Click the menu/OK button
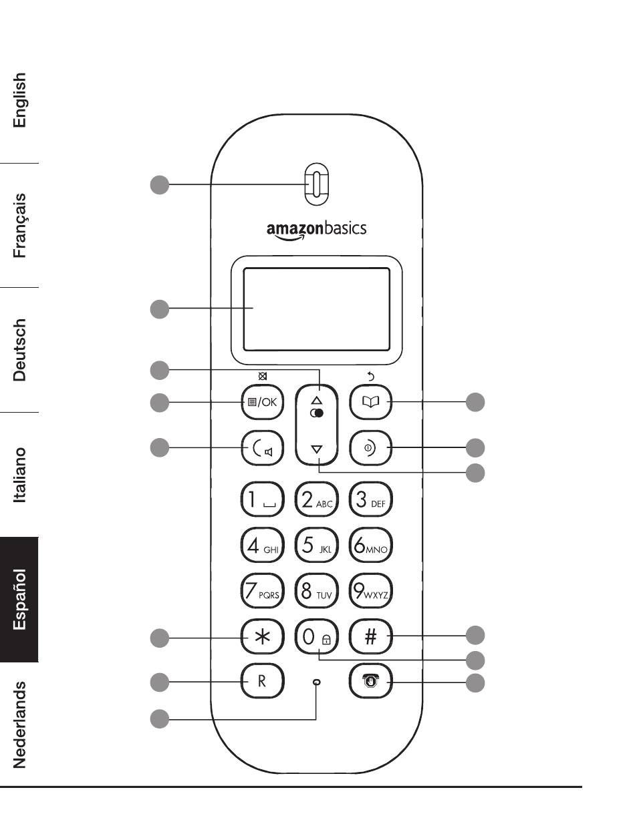point(262,402)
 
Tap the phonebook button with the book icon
point(370,402)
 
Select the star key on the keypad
point(262,636)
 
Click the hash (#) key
point(370,636)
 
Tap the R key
point(262,681)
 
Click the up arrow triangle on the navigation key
point(317,400)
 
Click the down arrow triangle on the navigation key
point(317,449)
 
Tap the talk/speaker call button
point(262,448)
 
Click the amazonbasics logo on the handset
point(316,230)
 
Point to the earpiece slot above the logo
point(317,185)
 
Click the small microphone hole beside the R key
point(317,682)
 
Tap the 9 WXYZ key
point(370,591)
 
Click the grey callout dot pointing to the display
point(160,309)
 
